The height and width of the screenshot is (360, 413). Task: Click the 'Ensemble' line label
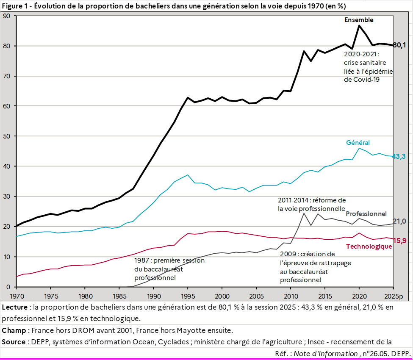point(359,20)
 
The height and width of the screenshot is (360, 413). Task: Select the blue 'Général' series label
point(358,142)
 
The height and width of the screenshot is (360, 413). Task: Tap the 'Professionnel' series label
point(366,213)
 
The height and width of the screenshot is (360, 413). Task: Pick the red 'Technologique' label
point(369,246)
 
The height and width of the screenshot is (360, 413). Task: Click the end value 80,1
point(399,45)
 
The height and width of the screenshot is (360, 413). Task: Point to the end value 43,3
point(399,156)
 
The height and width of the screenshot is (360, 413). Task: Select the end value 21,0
point(399,221)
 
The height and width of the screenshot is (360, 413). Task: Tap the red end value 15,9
point(400,241)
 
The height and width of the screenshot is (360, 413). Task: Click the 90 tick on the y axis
point(7,16)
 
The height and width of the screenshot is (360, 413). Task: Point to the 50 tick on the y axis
point(7,136)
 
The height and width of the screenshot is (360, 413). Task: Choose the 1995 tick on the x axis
point(188,296)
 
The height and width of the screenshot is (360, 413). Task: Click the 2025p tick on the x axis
point(394,296)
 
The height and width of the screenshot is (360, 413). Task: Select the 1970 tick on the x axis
point(17,296)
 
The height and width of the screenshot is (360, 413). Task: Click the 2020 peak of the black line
point(359,25)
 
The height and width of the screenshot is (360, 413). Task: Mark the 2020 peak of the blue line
point(359,148)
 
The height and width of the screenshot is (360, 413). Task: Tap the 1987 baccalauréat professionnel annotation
point(169,269)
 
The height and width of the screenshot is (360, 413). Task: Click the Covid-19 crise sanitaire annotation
point(368,67)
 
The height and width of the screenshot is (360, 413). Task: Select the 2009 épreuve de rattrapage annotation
point(315,267)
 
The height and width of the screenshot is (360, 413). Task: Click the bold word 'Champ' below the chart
point(14,330)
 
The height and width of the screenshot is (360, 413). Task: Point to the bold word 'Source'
point(14,342)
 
